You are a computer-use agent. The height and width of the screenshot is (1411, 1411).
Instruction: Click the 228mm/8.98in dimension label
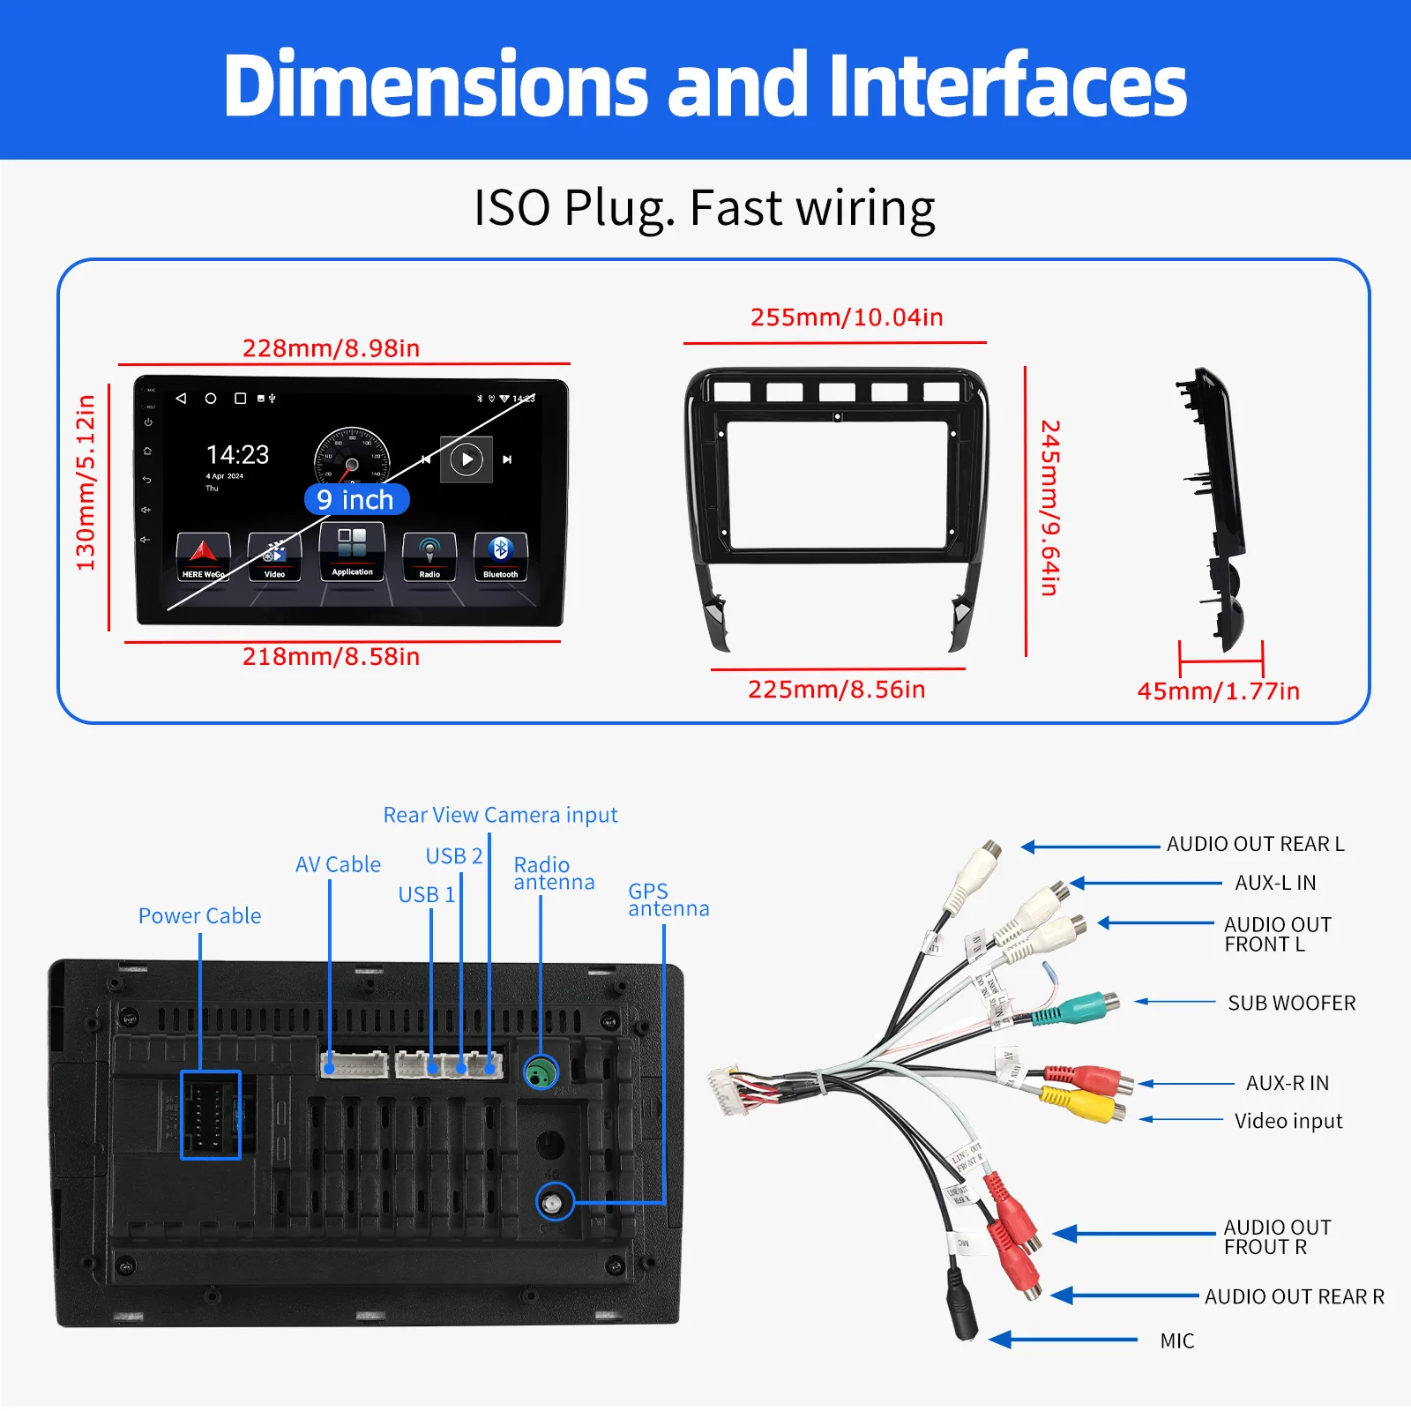pos(331,348)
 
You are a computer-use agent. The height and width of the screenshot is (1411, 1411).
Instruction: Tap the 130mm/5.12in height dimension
pos(86,482)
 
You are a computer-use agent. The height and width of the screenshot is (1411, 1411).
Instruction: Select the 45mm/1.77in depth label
pos(1218,691)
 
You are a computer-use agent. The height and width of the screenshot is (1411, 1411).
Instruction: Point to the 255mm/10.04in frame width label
pos(847,317)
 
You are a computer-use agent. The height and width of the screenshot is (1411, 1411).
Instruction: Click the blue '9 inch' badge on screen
pos(356,500)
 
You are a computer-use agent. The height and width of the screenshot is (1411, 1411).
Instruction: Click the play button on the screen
pos(467,459)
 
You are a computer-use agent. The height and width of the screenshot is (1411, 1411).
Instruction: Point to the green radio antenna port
pos(541,1072)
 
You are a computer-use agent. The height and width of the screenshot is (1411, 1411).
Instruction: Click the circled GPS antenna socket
pos(555,1202)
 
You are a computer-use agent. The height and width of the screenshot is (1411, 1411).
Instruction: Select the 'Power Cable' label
pos(199,916)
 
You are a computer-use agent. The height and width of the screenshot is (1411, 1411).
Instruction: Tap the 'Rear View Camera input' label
pos(500,815)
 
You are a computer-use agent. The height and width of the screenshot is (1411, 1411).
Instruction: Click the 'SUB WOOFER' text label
pos(1291,1004)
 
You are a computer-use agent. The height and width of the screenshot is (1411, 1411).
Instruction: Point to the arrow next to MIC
pos(1063,1340)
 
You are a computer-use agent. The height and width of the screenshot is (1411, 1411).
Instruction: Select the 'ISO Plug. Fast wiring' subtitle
pos(704,209)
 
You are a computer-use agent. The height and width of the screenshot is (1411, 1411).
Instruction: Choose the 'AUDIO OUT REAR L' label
pos(1255,844)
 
